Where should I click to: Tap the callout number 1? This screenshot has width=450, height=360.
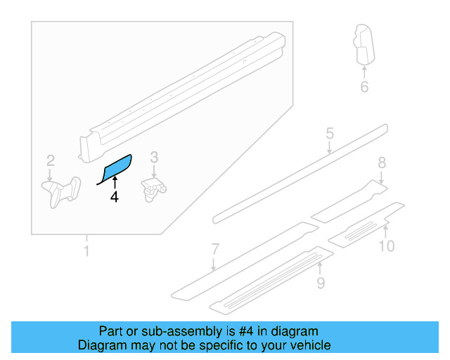86,250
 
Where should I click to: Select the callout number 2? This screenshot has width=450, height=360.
51,160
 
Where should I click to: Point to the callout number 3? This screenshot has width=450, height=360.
155,157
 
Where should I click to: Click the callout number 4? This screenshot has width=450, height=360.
115,198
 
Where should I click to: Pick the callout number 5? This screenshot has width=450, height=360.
329,133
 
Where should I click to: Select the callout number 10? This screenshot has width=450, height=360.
387,245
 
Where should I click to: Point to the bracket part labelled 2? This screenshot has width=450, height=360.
61,191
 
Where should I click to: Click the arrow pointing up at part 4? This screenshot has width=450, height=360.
115,184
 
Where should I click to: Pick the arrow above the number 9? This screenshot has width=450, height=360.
320,267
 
